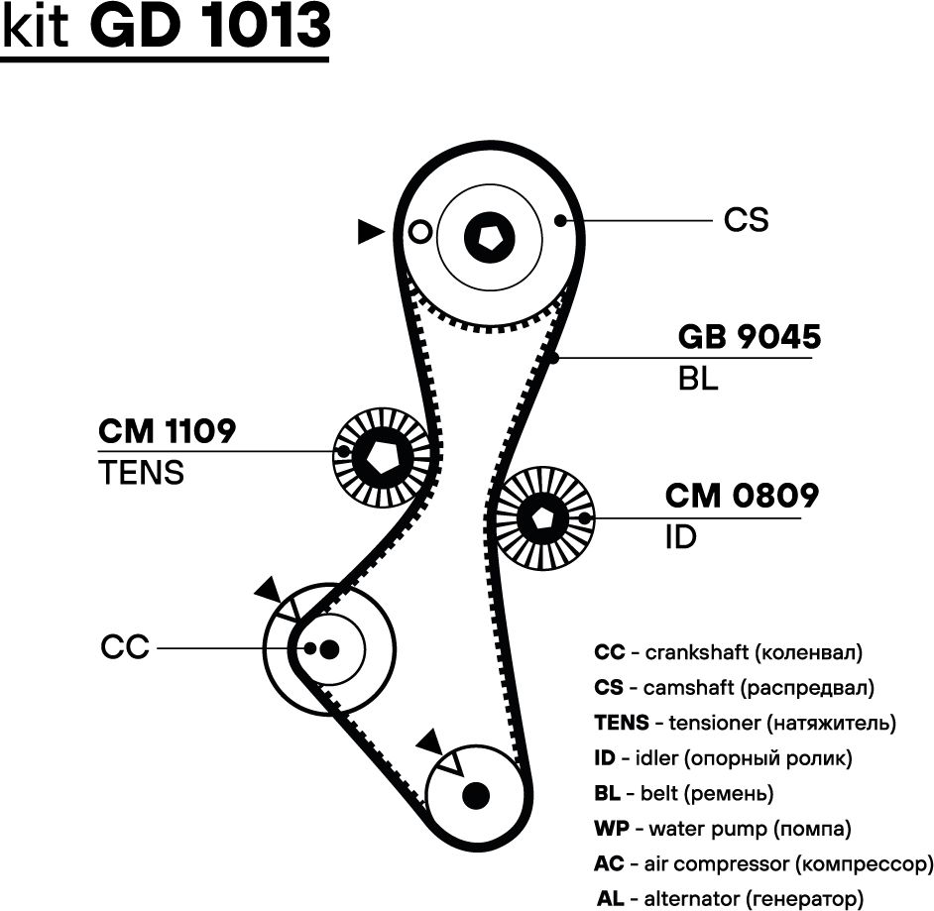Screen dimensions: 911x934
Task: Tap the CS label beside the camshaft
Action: click(746, 219)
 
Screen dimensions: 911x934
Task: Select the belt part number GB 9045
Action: click(749, 337)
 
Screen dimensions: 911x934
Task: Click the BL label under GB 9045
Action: click(698, 379)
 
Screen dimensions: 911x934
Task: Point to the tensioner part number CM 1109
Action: click(167, 431)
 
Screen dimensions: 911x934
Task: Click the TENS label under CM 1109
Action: click(142, 473)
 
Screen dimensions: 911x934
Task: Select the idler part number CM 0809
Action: click(742, 496)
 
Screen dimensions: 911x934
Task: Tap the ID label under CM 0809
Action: click(681, 537)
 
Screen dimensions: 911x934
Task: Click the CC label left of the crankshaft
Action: click(125, 647)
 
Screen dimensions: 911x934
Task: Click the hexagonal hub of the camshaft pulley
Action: click(490, 239)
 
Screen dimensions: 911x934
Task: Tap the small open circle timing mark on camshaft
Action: click(420, 232)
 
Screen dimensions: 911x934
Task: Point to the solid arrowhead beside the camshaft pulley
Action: click(371, 232)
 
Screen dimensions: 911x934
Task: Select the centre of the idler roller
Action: click(542, 517)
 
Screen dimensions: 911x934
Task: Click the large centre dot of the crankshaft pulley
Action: click(329, 648)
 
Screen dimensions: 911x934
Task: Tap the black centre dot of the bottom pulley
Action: click(477, 794)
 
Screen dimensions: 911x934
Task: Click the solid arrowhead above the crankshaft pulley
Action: click(268, 591)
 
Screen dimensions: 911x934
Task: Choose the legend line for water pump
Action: click(722, 828)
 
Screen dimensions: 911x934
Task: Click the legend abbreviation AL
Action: click(611, 898)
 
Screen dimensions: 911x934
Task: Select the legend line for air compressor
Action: click(762, 863)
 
